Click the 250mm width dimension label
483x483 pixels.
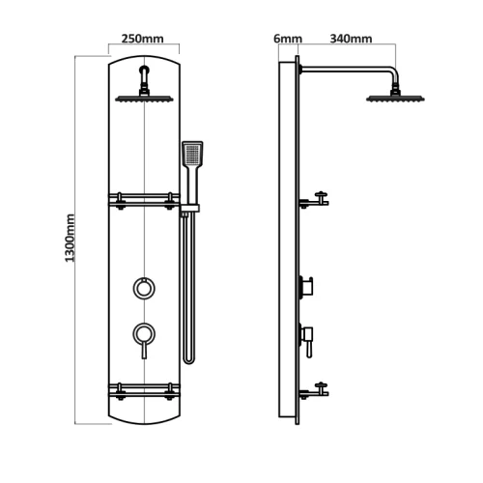point(142,39)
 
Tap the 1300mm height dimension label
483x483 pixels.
point(70,238)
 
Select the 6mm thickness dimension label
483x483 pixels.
point(288,39)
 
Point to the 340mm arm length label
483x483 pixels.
point(351,39)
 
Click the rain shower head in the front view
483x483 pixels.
point(144,99)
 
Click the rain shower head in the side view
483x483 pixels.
point(395,99)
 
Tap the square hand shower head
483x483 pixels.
point(192,154)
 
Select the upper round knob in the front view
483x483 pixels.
point(144,288)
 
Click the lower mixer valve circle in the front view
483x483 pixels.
point(144,334)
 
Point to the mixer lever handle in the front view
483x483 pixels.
point(144,350)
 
